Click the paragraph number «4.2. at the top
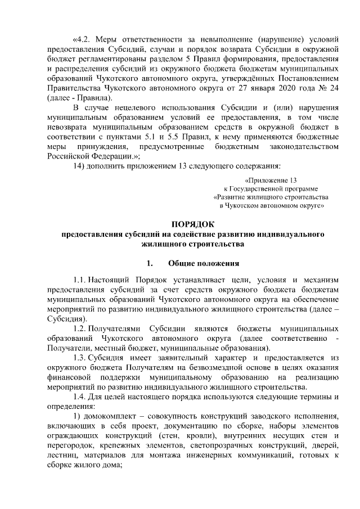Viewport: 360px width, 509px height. pos(83,40)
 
